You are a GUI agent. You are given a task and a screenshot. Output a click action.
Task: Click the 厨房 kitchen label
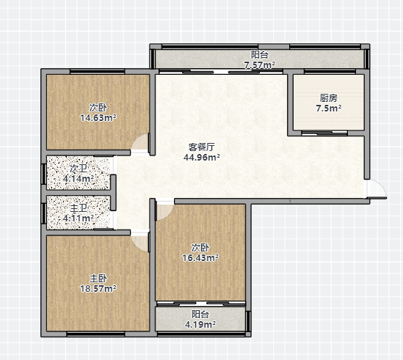[x=328, y=98]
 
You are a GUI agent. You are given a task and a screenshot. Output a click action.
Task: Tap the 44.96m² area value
[x=201, y=157]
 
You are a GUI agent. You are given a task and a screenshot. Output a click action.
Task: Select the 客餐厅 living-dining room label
[x=201, y=147]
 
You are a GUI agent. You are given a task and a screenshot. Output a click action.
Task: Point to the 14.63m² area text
[x=98, y=118]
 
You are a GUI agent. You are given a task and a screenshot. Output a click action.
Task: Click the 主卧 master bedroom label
[x=98, y=279]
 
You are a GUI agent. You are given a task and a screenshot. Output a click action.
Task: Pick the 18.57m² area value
[x=98, y=289]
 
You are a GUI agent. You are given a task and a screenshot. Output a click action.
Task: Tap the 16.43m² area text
[x=200, y=258]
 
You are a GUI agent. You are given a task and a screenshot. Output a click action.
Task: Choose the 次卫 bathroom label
[x=79, y=169]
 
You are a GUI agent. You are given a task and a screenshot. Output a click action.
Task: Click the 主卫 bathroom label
[x=79, y=208]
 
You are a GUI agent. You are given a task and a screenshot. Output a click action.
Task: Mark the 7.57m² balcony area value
[x=260, y=65]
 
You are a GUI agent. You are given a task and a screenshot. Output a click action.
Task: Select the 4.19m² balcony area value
[x=200, y=325]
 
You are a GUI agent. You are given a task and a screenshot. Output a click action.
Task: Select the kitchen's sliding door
[x=324, y=133]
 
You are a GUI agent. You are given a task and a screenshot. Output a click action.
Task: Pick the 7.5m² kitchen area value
[x=328, y=108]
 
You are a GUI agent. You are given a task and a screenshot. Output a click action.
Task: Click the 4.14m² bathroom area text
[x=78, y=179]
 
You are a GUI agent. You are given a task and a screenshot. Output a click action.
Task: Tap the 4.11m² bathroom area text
[x=78, y=218]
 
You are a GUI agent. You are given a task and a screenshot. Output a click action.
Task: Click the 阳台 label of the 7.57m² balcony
[x=260, y=55]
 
